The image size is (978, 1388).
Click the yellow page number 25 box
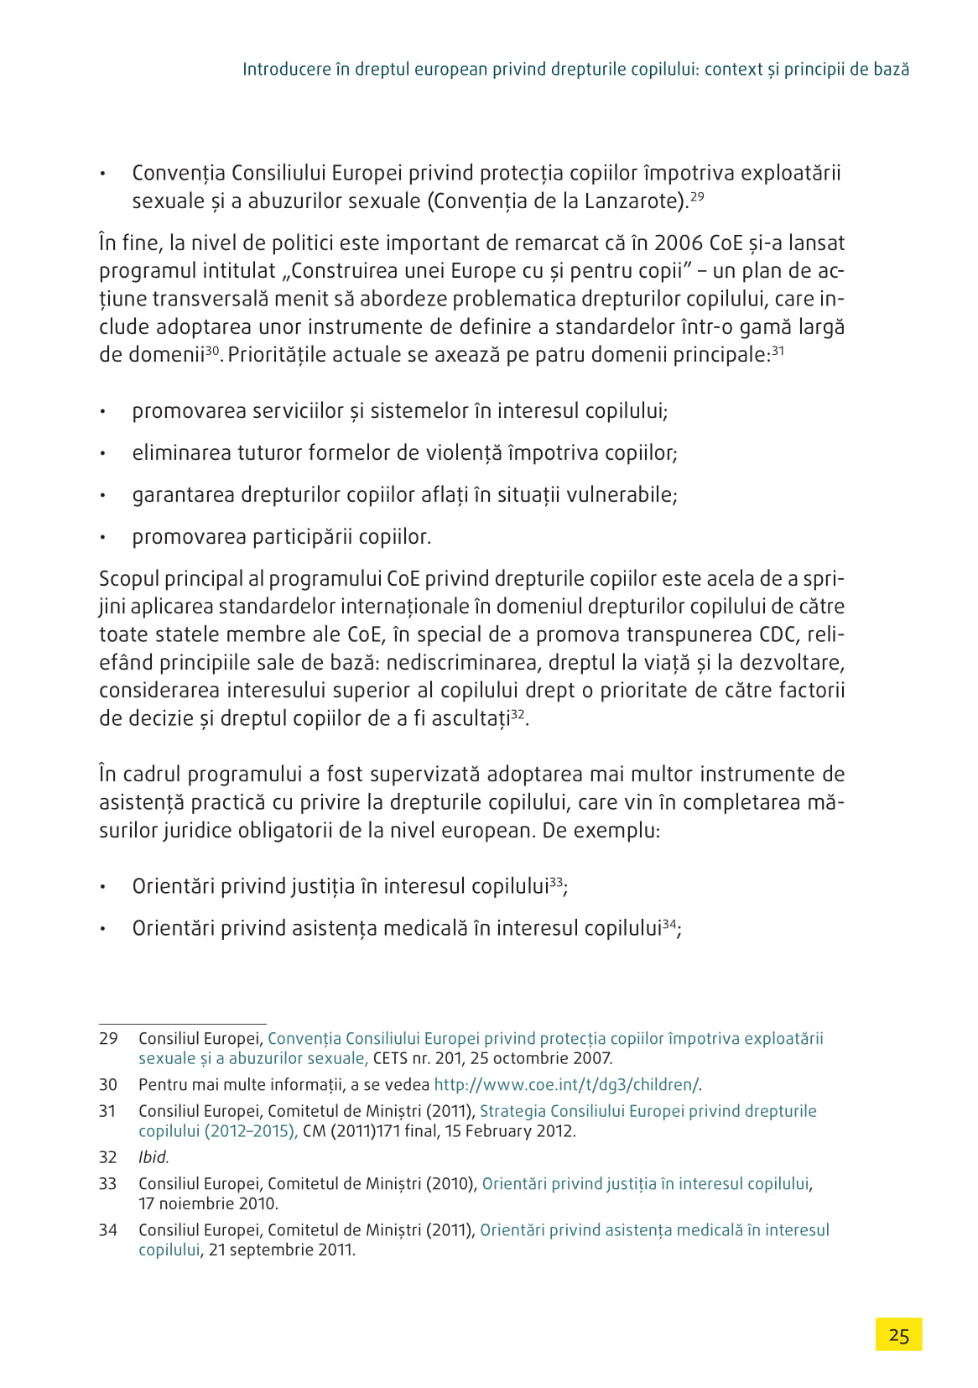pyautogui.click(x=898, y=1334)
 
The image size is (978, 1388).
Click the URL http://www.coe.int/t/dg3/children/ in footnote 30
pyautogui.click(x=566, y=1084)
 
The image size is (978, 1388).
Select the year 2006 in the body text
pyautogui.click(x=679, y=243)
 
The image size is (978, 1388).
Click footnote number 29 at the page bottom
pyautogui.click(x=108, y=1038)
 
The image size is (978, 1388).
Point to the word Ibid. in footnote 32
pyautogui.click(x=153, y=1157)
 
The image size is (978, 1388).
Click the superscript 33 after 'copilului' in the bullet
pyautogui.click(x=555, y=882)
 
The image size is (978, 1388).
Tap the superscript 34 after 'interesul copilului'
pyautogui.click(x=669, y=924)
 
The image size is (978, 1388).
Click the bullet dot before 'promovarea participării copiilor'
pyautogui.click(x=102, y=537)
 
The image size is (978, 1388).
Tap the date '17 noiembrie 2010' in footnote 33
pyautogui.click(x=208, y=1203)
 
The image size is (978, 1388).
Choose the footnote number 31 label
pyautogui.click(x=108, y=1111)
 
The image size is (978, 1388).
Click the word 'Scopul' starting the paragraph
pyautogui.click(x=131, y=579)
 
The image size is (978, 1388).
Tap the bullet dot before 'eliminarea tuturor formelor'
pyautogui.click(x=102, y=453)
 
